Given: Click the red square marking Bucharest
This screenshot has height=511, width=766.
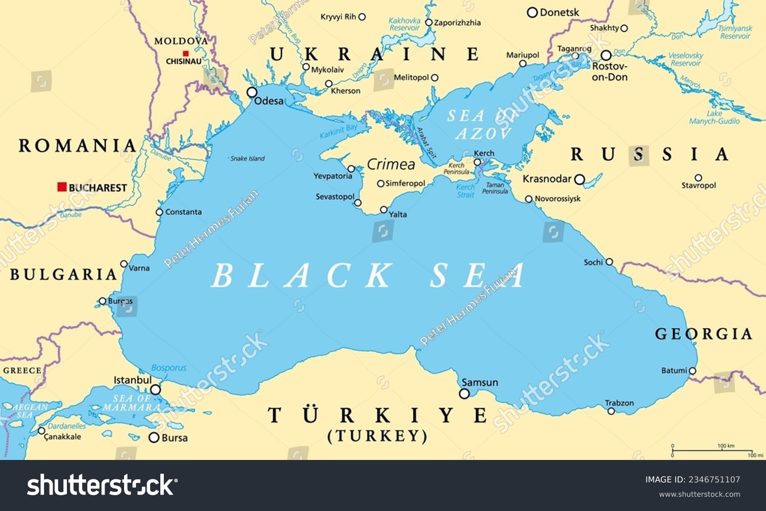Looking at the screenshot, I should pyautogui.click(x=62, y=187).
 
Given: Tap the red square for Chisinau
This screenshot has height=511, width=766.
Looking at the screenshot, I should pyautogui.click(x=186, y=53).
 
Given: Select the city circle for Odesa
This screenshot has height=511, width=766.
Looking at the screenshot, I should pyautogui.click(x=252, y=92).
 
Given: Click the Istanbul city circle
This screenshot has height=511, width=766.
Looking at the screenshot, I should pyautogui.click(x=155, y=390).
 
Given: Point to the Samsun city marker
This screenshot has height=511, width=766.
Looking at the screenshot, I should pyautogui.click(x=464, y=394).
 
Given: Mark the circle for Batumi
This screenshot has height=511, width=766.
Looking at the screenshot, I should pyautogui.click(x=692, y=371).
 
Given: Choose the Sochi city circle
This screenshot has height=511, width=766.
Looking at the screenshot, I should pyautogui.click(x=609, y=262).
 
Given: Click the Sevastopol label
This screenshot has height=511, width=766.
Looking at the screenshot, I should pyautogui.click(x=335, y=197).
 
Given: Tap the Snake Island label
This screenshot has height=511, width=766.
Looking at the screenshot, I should pyautogui.click(x=248, y=159).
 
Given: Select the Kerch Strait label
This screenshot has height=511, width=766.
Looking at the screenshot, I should pyautogui.click(x=465, y=191).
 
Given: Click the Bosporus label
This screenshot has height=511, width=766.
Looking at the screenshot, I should pyautogui.click(x=169, y=368).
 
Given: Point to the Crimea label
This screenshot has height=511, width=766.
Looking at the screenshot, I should pyautogui.click(x=391, y=164).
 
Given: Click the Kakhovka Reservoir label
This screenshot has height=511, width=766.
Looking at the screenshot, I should pyautogui.click(x=405, y=24).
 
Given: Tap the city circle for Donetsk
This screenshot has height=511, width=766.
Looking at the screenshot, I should pyautogui.click(x=533, y=12).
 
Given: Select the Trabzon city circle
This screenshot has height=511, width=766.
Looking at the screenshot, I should pyautogui.click(x=611, y=411).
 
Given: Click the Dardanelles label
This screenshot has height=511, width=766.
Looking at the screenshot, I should pyautogui.click(x=67, y=426).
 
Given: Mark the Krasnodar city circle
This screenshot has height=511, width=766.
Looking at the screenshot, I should pyautogui.click(x=579, y=179).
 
